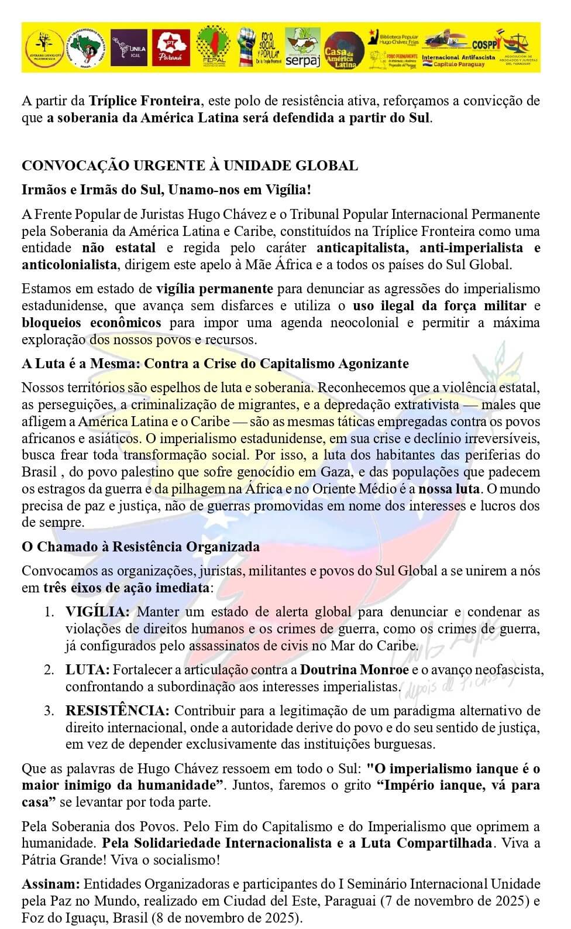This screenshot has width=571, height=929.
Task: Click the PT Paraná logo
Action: (x=171, y=47)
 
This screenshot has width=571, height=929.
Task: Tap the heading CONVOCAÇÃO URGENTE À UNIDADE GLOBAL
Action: (x=190, y=166)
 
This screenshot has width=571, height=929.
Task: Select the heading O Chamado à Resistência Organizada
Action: (x=140, y=547)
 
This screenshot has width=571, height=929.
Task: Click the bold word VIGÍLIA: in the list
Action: (x=97, y=612)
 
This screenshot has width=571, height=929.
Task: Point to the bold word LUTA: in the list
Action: (x=87, y=670)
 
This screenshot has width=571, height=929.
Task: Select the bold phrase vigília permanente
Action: (x=215, y=289)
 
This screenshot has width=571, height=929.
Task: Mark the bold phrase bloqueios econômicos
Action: (x=91, y=323)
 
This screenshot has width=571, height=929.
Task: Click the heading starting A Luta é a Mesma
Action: (x=215, y=364)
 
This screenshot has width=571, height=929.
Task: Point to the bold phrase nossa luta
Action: (x=449, y=489)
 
